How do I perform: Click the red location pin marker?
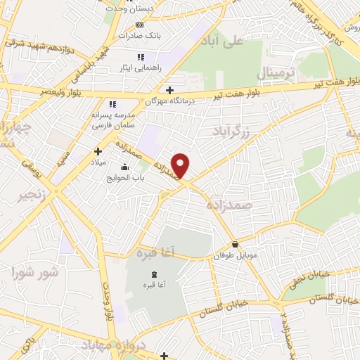pyautogui.click(x=181, y=166)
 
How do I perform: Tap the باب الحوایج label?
pyautogui.click(x=124, y=178)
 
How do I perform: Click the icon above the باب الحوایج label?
pyautogui.click(x=124, y=167)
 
